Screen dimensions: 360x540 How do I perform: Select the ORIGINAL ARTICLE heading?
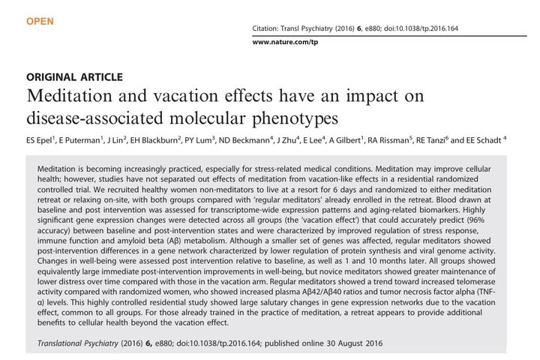(74, 77)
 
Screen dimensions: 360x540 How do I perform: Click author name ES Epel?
(42, 139)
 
